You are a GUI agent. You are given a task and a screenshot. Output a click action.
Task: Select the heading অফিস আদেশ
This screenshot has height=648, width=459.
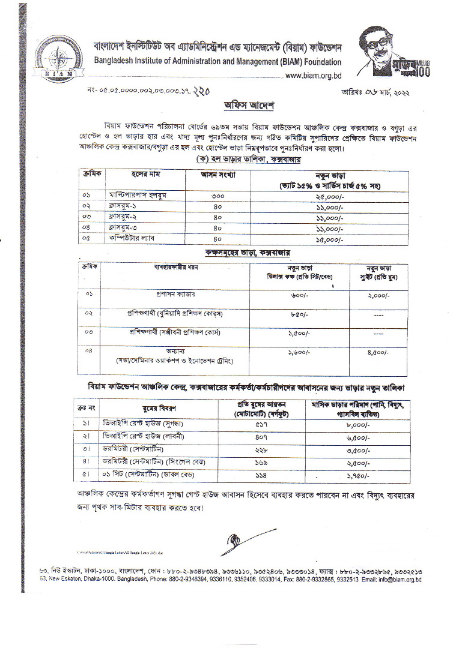click(x=248, y=106)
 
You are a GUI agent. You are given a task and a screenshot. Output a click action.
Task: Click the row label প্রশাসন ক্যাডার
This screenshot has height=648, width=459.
click(x=175, y=295)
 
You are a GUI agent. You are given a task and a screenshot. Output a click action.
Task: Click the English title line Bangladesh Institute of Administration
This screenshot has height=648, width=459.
click(x=217, y=62)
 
